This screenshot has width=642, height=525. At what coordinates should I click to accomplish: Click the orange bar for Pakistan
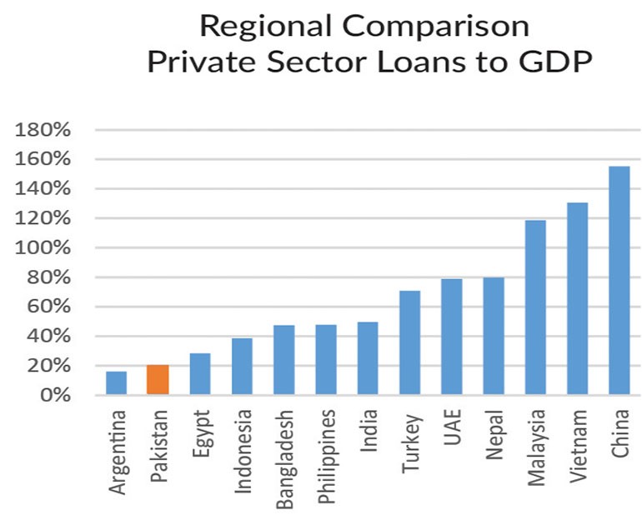coord(158,380)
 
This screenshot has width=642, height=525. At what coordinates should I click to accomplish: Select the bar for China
coord(619,280)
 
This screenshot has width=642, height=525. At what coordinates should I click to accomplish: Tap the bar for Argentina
coord(116,383)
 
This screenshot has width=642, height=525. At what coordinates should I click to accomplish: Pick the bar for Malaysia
coord(535,307)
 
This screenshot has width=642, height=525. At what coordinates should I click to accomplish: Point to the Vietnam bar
coord(577,298)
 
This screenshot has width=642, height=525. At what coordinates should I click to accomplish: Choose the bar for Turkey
coord(409,342)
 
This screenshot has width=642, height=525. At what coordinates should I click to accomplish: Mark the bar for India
coord(367,358)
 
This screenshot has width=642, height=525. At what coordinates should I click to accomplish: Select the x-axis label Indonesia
coord(243,449)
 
